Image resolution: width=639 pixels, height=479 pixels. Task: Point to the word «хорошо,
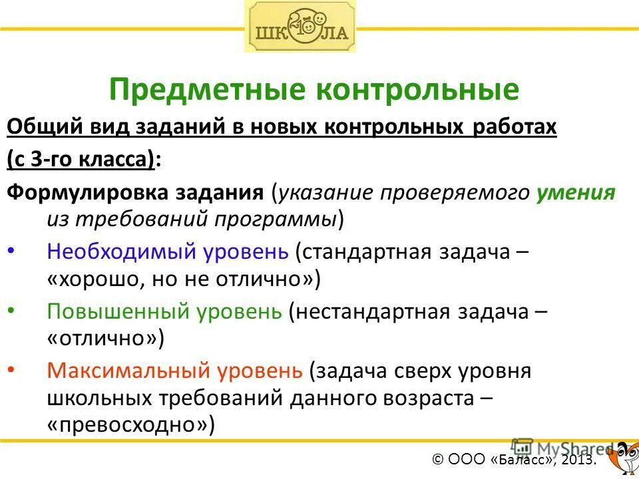point(90,279)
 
